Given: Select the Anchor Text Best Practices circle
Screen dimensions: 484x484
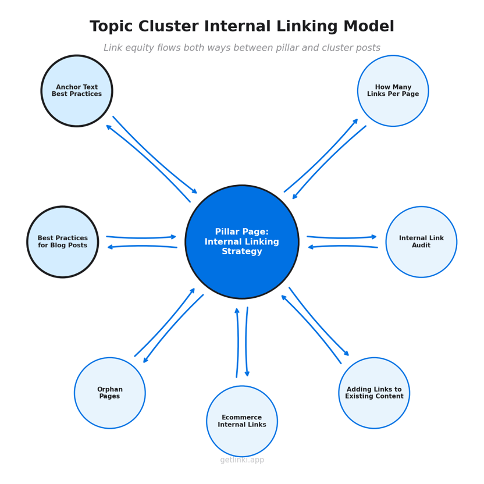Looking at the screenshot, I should pos(77,91).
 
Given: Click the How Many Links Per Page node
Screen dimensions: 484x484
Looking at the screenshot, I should pos(393,91).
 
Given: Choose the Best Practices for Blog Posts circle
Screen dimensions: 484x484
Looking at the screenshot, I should pos(63,242).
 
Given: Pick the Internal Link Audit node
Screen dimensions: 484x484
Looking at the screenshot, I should pos(421,242).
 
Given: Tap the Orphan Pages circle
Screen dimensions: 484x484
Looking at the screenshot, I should pos(110,393).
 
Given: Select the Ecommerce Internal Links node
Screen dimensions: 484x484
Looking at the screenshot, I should pos(242,421).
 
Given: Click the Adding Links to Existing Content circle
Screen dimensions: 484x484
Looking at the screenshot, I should pos(374,393).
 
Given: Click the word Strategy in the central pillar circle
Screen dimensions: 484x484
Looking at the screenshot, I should pos(242,252).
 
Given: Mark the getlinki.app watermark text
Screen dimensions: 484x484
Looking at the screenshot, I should pos(242,460).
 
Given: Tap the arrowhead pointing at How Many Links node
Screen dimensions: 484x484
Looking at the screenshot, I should pos(356,120).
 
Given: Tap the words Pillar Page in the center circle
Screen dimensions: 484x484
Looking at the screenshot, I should pos(242,232).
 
